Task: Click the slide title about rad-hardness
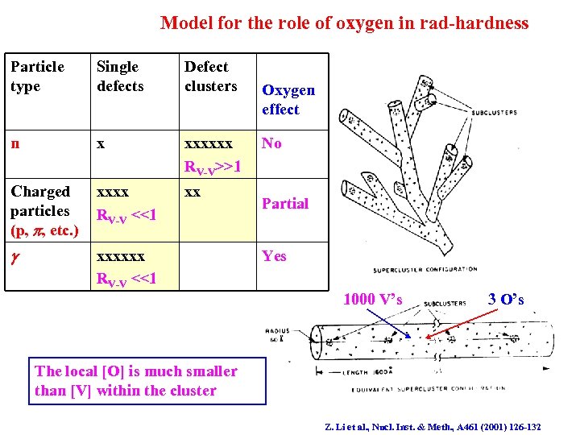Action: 345,23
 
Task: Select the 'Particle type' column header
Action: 37,77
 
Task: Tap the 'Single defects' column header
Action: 120,77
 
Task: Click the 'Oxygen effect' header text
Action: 288,100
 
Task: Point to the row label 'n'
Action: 15,143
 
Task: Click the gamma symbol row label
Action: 14,257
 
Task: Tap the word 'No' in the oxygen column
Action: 271,143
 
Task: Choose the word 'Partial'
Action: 285,204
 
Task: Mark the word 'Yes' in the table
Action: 274,256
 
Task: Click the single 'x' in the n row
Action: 101,143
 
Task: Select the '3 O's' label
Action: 506,300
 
